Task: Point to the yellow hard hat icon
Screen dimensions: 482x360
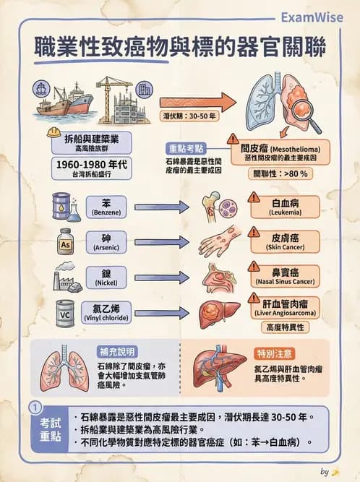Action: (x=53, y=132)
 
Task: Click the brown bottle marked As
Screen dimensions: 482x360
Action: (x=64, y=243)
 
